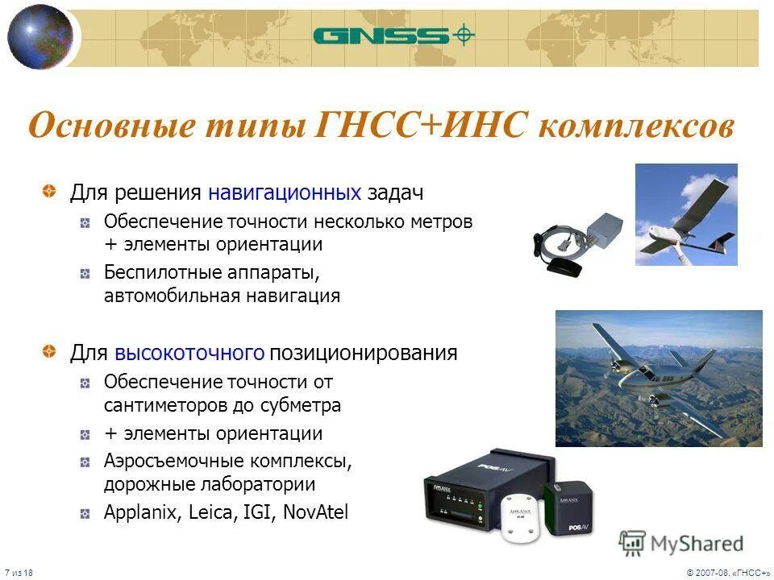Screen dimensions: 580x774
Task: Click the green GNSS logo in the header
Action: (x=393, y=35)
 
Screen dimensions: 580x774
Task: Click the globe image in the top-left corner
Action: (x=40, y=36)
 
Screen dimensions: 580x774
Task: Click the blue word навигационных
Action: (x=284, y=193)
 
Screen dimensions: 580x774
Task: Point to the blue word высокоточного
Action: (x=189, y=353)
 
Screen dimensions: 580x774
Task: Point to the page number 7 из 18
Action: (x=17, y=571)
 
